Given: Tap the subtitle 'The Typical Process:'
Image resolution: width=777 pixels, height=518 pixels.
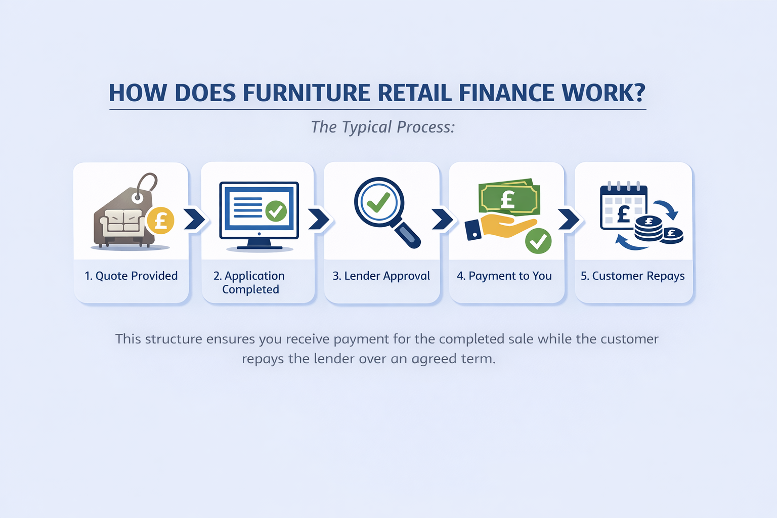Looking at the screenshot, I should (x=383, y=127).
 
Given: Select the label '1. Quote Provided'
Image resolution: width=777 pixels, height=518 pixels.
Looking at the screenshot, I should (x=131, y=276).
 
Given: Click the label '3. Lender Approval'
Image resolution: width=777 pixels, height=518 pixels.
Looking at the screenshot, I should (x=381, y=276).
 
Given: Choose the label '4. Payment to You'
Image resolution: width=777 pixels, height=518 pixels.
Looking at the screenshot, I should (x=504, y=276).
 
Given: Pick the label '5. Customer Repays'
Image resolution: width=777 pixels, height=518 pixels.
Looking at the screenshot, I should (x=632, y=276).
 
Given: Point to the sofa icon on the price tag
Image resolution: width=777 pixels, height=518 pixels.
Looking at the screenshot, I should (x=121, y=223).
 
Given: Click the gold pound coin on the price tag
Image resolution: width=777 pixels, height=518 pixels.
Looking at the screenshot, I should (x=160, y=221).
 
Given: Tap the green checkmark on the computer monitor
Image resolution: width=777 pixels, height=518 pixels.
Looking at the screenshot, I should (x=276, y=211).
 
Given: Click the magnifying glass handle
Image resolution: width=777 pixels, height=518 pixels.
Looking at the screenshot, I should (x=408, y=235).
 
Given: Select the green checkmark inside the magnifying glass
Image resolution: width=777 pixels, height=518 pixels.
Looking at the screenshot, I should (x=378, y=202).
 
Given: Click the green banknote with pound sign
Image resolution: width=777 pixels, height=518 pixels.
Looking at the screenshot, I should (x=509, y=198).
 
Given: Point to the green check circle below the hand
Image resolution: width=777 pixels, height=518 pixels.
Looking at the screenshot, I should (x=538, y=241).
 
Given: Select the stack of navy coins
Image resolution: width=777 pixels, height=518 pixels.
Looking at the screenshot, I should (x=649, y=229).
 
